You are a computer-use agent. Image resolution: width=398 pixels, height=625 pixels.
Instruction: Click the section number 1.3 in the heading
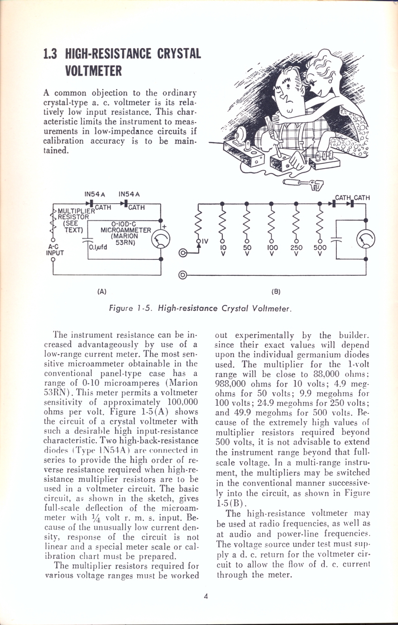50,53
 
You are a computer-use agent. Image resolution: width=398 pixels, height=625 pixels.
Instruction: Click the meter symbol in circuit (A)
161,239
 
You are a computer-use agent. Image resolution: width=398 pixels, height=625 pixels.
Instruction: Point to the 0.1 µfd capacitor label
98,247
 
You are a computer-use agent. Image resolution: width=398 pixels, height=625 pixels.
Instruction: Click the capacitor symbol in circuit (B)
337,239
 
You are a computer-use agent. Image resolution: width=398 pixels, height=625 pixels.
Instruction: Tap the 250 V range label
296,250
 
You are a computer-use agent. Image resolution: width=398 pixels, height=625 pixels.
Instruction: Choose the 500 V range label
320,250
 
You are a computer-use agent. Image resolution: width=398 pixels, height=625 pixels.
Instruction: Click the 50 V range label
246,250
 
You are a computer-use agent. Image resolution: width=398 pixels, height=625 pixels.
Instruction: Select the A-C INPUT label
55,250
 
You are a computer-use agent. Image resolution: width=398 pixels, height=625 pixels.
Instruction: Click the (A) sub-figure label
102,292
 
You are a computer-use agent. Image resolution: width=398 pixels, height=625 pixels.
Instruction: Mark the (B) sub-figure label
276,292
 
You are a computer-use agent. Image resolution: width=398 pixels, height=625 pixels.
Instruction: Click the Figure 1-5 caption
200,308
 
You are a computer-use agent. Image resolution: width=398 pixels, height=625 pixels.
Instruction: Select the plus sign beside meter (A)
164,226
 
